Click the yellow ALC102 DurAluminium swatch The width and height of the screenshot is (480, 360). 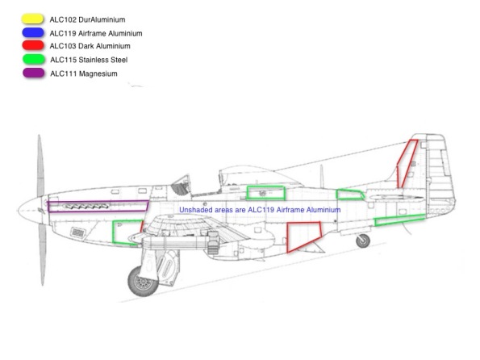pos(32,19)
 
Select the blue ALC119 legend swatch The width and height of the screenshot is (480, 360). pos(33,32)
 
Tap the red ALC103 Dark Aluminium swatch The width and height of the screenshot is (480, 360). pos(33,45)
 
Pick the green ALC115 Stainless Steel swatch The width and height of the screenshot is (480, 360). pos(34,59)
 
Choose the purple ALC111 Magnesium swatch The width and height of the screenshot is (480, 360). pos(33,73)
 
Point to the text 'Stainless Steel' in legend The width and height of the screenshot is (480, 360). pos(103,60)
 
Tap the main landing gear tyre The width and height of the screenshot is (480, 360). pos(143,282)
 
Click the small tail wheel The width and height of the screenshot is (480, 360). pos(363,241)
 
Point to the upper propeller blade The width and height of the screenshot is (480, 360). pos(40,165)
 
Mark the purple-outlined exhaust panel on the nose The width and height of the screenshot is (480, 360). pos(98,206)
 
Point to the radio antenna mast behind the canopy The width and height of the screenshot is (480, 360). pos(321,177)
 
